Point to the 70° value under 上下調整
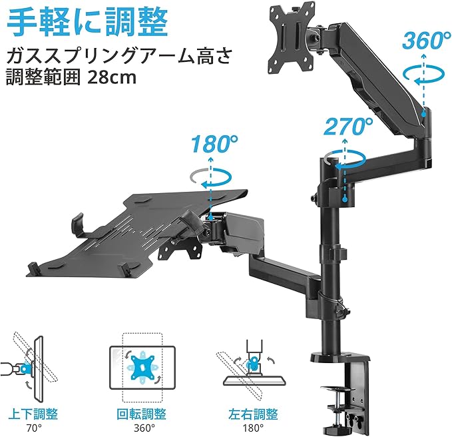tap(25, 427)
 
